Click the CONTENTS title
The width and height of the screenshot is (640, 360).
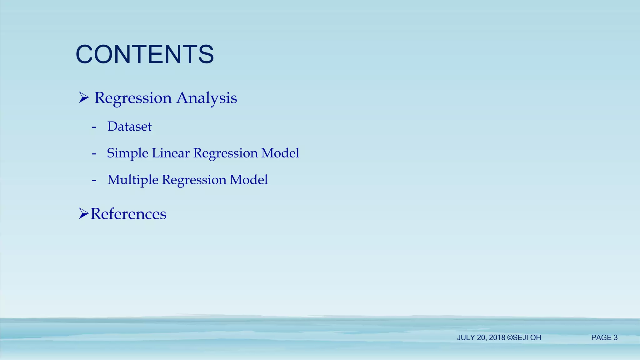[x=145, y=54]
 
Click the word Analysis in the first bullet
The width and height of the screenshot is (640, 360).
[x=207, y=98]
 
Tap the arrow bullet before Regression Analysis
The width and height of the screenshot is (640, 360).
[x=84, y=97]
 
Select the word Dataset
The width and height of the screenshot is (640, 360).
[x=129, y=127]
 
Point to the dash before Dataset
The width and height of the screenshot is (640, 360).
[x=94, y=127]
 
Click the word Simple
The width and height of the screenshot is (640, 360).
[x=127, y=153]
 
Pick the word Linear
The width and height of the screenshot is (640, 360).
[x=171, y=153]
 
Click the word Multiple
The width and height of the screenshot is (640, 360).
[x=133, y=180]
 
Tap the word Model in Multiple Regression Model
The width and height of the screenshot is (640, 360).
[x=249, y=180]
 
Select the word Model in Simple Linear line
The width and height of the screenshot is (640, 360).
[x=280, y=153]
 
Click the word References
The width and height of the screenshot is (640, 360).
[x=128, y=214]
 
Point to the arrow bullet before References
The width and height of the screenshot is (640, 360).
[x=83, y=214]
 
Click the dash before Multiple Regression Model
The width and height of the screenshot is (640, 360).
[x=94, y=180]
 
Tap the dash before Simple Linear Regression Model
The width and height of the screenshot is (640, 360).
[x=94, y=154]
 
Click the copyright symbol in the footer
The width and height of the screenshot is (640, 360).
[x=510, y=337]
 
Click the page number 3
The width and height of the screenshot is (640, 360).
[x=616, y=337]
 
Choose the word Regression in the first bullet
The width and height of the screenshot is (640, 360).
[x=133, y=98]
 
